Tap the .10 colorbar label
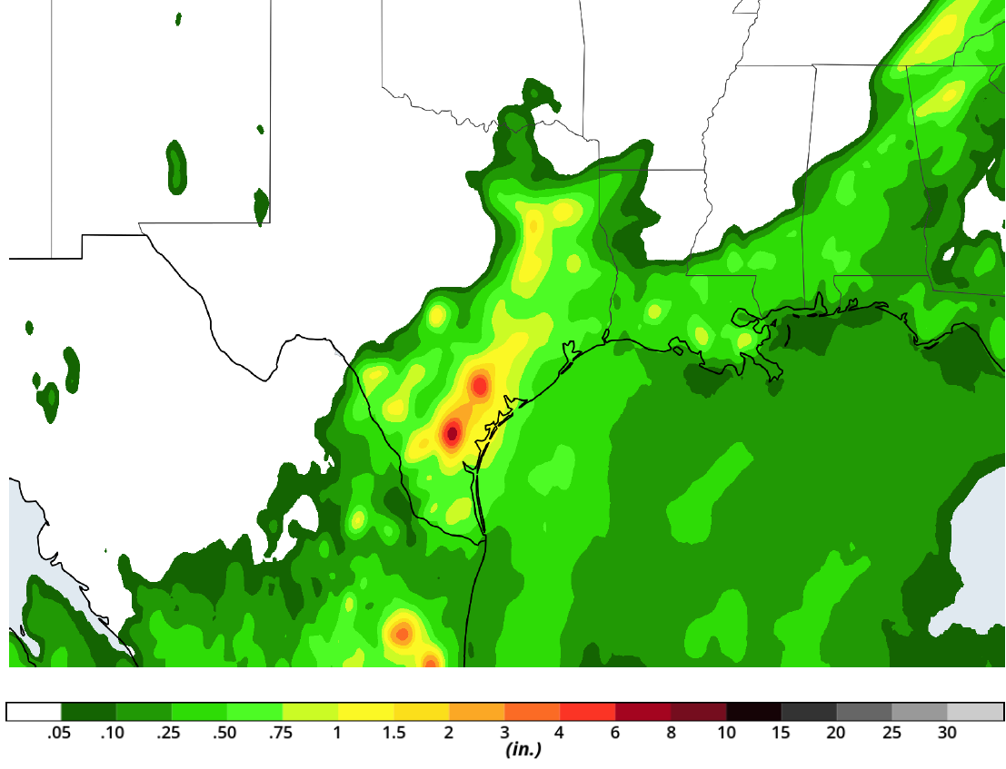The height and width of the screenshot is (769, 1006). [x=113, y=734]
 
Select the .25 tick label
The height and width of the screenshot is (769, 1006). [x=169, y=734]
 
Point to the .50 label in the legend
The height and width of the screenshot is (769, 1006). [x=224, y=734]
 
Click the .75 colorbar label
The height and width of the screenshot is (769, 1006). [x=280, y=734]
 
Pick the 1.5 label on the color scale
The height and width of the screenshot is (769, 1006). [x=393, y=734]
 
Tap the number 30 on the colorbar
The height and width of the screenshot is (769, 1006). [x=947, y=734]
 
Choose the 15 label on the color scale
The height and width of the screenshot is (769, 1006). [x=781, y=734]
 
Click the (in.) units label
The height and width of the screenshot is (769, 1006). [x=523, y=750]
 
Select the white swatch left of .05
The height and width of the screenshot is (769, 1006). [x=34, y=711]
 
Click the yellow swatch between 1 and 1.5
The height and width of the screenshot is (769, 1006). [x=365, y=711]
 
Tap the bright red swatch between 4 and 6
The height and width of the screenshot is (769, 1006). [x=588, y=711]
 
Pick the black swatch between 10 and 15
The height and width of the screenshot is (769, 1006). [x=754, y=711]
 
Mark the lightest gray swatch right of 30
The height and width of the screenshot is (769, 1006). [x=975, y=711]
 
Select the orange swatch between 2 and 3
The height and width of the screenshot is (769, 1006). [x=477, y=711]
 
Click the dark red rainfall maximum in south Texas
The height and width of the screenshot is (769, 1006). [x=452, y=433]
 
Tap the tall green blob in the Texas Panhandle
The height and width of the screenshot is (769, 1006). [x=176, y=167]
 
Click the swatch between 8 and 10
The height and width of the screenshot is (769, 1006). [x=699, y=711]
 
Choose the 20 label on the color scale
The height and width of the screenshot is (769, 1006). [x=836, y=734]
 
